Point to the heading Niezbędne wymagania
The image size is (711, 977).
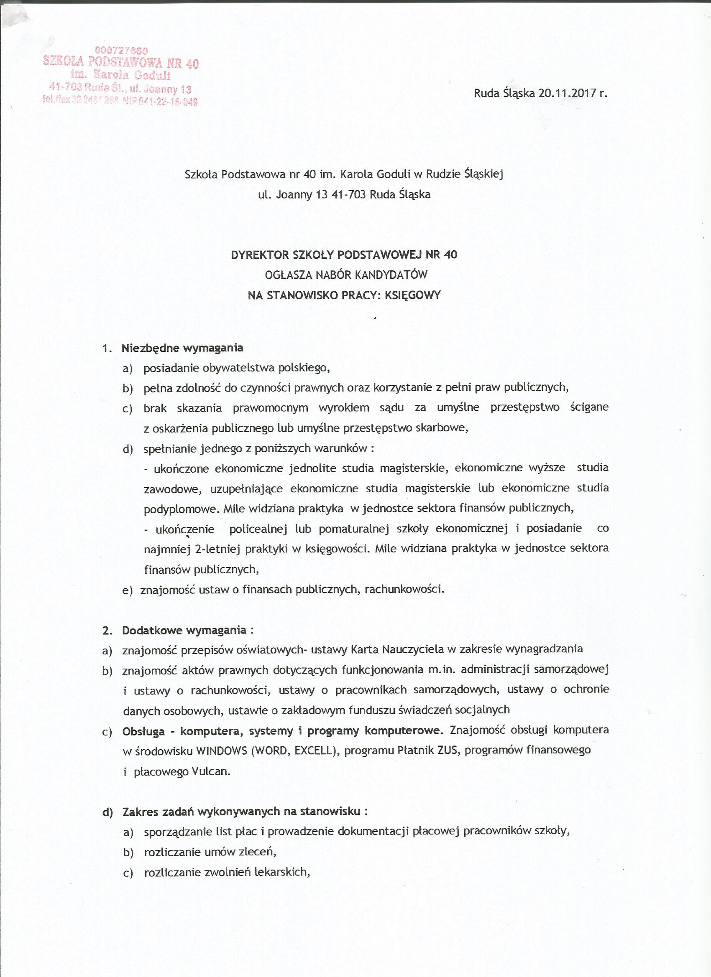tap(182, 348)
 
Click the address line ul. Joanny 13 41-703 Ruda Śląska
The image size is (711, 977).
tap(344, 194)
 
